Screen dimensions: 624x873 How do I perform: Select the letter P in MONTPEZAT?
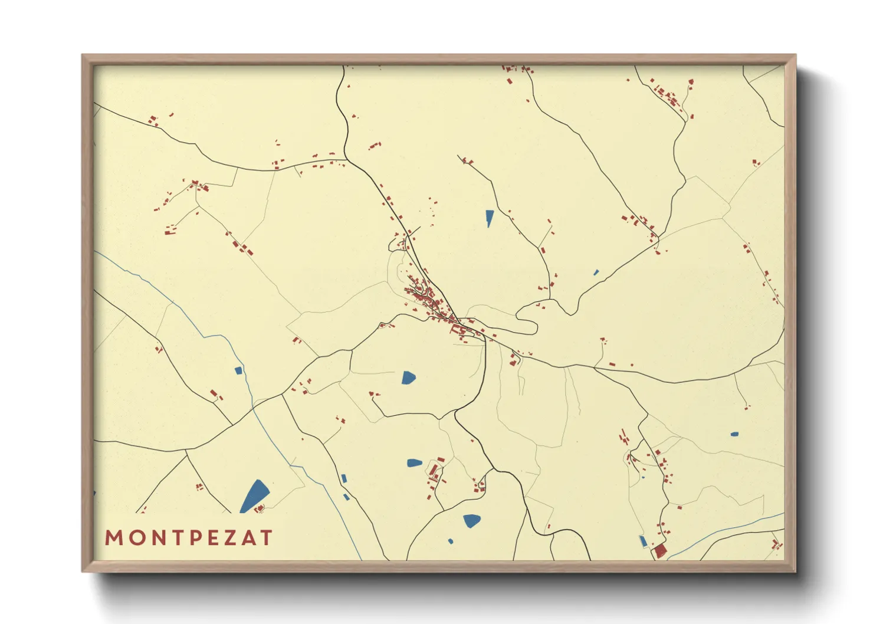[191, 538]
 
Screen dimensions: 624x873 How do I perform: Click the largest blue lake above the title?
[255, 497]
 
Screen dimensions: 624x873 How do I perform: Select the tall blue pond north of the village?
[489, 218]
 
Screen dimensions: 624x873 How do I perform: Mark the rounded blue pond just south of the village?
[408, 377]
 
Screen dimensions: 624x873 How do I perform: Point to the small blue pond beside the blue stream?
[238, 370]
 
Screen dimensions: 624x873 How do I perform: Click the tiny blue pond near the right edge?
[734, 434]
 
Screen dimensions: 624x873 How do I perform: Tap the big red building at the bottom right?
[660, 551]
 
